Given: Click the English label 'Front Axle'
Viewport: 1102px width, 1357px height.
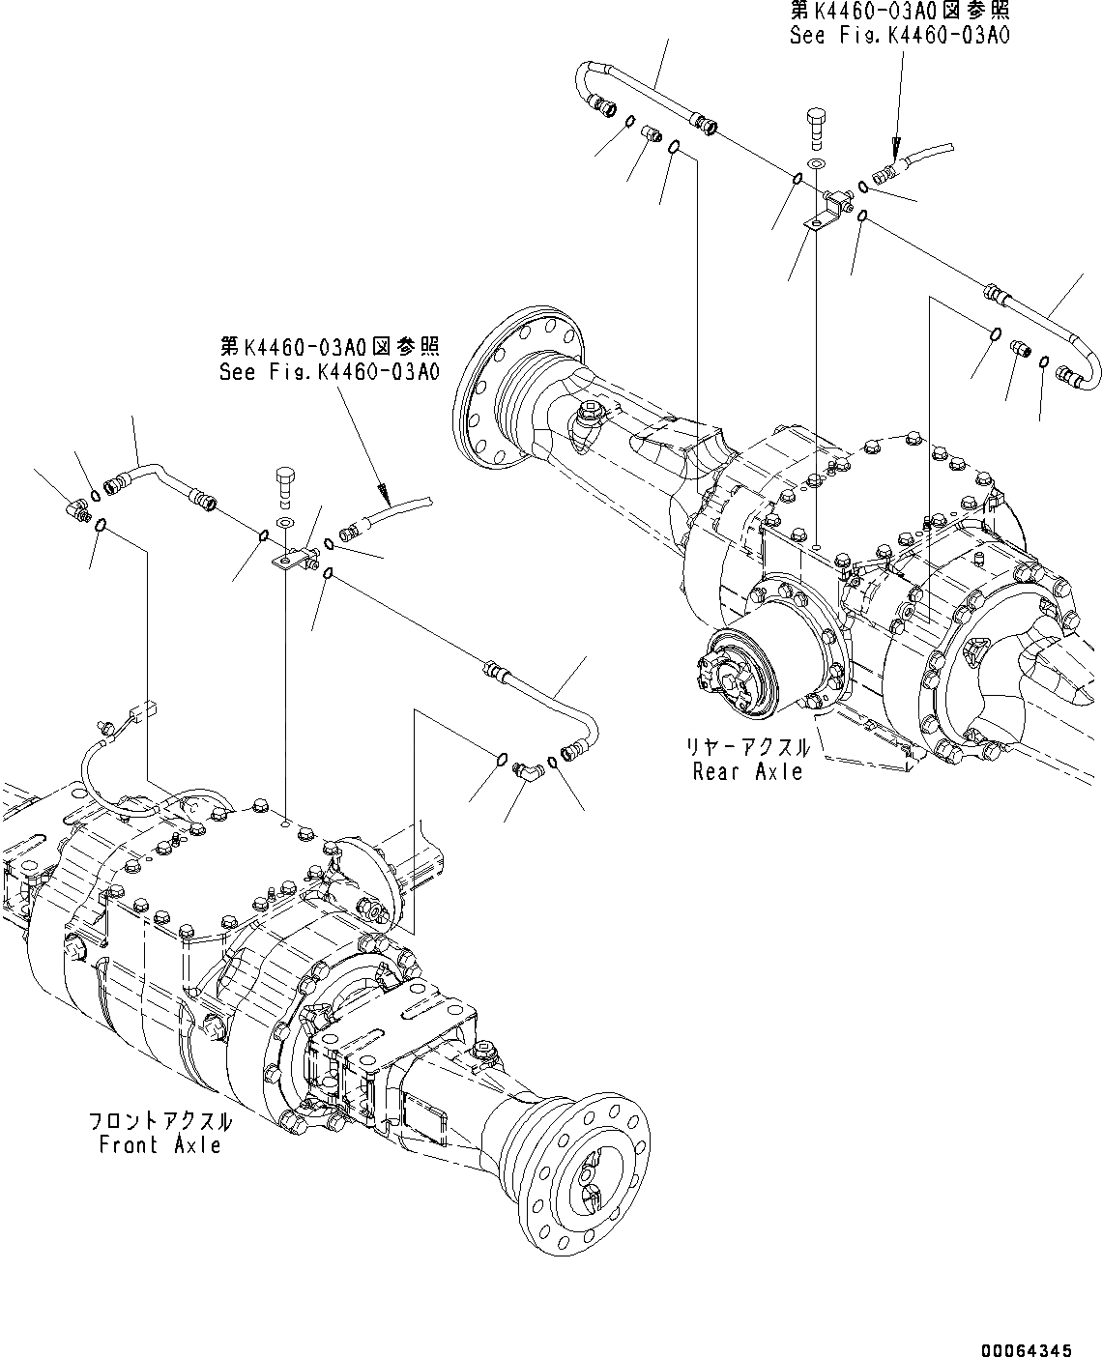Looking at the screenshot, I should click(159, 1145).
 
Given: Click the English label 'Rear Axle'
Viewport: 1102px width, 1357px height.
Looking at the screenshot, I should click(747, 771).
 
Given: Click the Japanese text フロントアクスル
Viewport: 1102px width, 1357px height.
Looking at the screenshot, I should click(159, 1121).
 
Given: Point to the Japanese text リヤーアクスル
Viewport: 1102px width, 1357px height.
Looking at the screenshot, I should click(747, 748).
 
